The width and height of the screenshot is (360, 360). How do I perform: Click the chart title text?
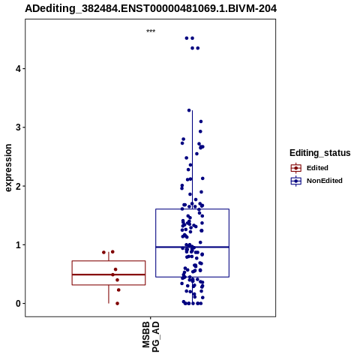click(151, 8)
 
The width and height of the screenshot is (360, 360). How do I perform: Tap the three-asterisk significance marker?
click(151, 31)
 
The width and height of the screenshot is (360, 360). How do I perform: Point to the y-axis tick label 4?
click(18, 68)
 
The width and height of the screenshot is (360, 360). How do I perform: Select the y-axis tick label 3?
click(18, 127)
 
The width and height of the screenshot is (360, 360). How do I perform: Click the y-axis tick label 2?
click(18, 186)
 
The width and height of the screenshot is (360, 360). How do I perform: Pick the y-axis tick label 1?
click(18, 244)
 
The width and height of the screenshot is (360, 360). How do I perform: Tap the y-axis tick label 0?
click(18, 304)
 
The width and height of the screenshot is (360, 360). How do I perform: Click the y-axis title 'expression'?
click(8, 168)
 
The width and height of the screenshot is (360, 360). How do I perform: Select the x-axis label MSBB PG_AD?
click(151, 337)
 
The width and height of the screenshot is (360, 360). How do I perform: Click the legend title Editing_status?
click(320, 153)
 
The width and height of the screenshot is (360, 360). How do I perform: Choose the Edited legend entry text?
click(317, 168)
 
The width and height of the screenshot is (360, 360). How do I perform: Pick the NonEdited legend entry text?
click(325, 181)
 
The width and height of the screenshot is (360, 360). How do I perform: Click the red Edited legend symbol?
click(296, 168)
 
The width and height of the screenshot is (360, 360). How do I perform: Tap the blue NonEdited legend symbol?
click(296, 181)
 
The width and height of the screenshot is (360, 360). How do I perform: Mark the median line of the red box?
click(109, 274)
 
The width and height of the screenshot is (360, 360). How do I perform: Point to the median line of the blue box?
click(192, 247)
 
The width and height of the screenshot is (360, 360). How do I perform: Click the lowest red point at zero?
click(117, 304)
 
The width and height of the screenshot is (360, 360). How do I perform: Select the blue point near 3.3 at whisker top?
click(189, 110)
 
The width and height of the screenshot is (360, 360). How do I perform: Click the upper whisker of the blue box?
click(192, 160)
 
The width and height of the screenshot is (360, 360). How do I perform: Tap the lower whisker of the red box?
click(109, 294)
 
